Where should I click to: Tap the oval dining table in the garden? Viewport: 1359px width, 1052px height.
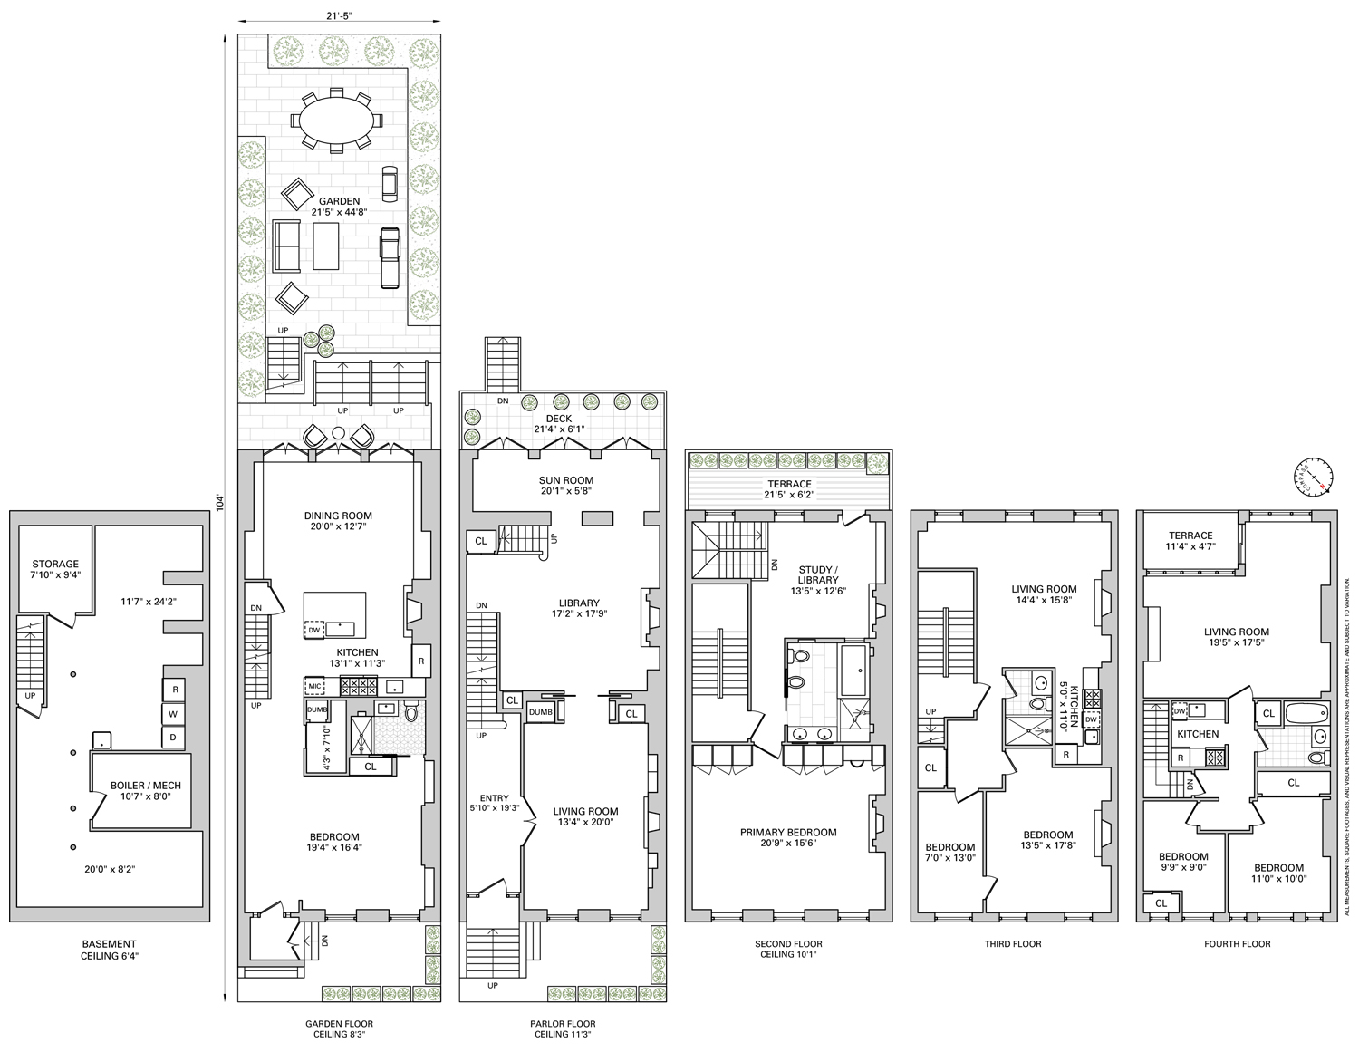[x=336, y=119]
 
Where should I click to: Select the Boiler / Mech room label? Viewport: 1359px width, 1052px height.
[x=146, y=791]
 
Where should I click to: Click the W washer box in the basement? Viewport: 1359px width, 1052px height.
[x=175, y=714]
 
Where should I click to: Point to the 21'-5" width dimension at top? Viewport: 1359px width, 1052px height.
[x=339, y=15]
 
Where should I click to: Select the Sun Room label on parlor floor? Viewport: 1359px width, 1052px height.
[x=564, y=486]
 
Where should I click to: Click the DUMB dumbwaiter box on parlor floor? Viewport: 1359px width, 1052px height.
[x=540, y=712]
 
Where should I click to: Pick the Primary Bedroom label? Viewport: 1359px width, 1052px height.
[x=787, y=838]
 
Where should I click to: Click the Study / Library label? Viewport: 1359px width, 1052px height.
[x=818, y=580]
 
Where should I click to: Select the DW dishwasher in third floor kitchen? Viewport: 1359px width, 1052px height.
[x=1091, y=719]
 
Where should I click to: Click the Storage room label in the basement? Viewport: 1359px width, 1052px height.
[x=55, y=569]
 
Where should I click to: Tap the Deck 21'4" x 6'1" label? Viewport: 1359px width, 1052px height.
[x=564, y=424]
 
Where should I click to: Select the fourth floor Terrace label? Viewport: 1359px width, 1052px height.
[x=1190, y=541]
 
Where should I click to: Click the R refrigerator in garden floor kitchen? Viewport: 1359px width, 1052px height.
[x=421, y=661]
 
